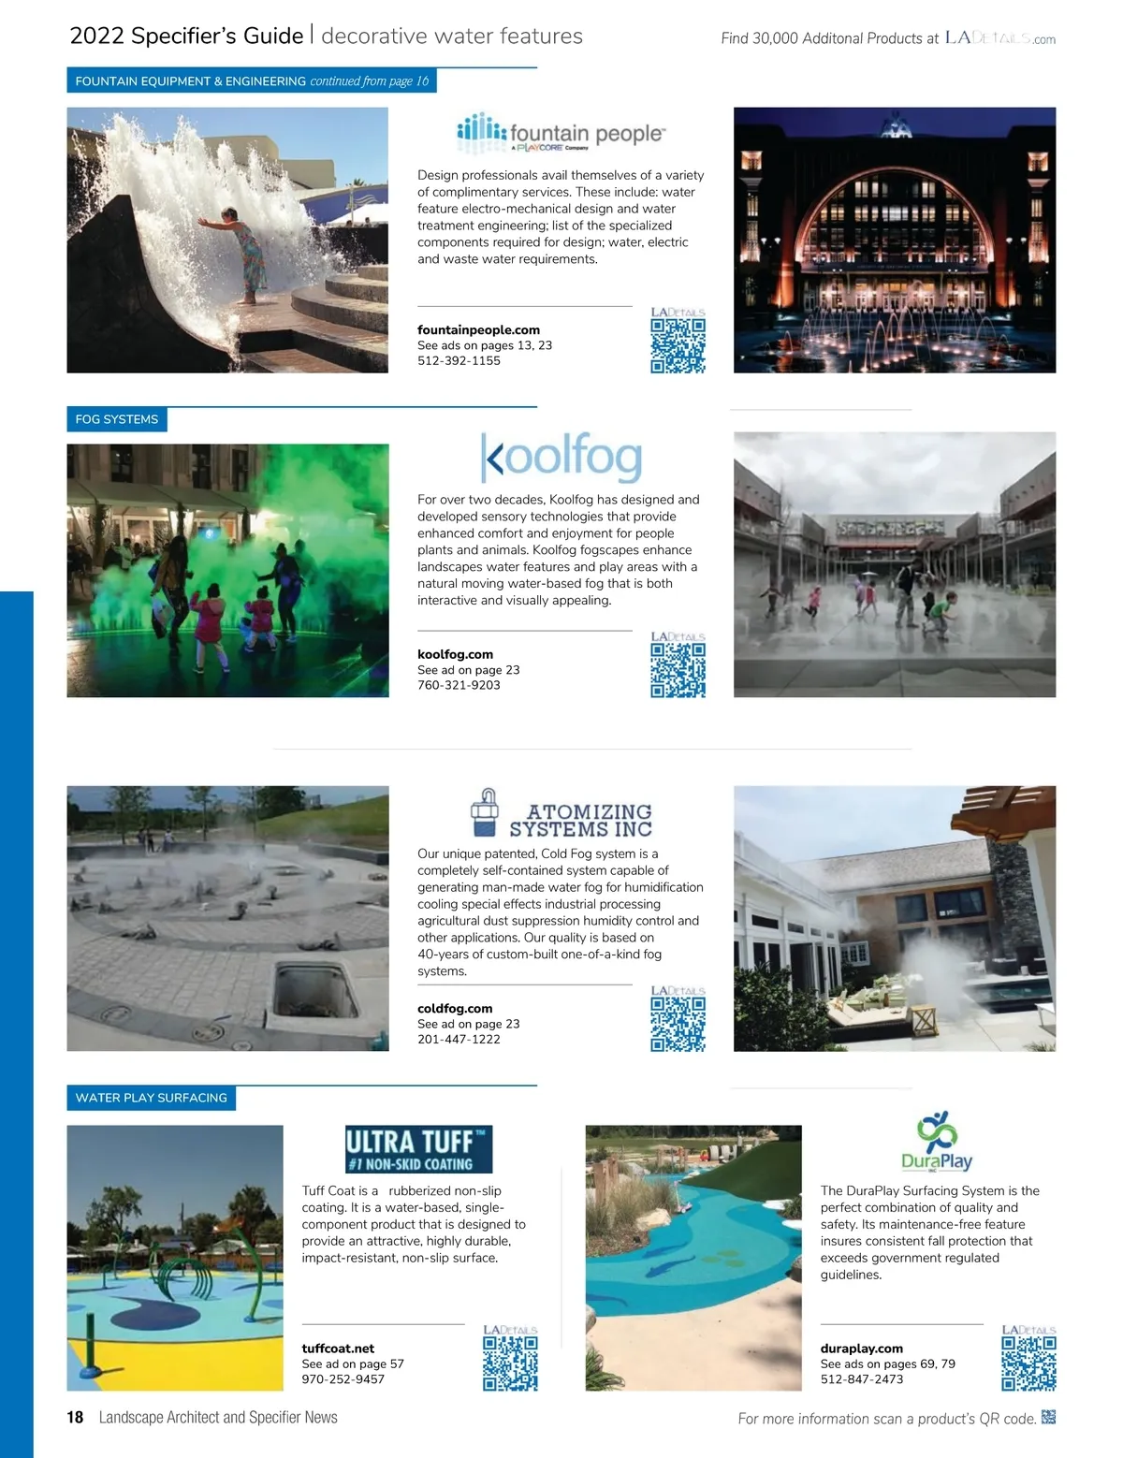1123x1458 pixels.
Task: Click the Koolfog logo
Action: click(x=561, y=457)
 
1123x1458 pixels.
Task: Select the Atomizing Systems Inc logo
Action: click(x=561, y=813)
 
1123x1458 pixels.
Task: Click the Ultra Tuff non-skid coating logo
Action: click(x=418, y=1149)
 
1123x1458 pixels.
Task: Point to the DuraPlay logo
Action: click(x=936, y=1142)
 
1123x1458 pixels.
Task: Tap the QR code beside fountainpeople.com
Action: click(x=678, y=345)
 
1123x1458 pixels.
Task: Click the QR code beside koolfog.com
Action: click(x=678, y=670)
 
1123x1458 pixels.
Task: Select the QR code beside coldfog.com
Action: click(x=678, y=1024)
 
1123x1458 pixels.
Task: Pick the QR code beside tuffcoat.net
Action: click(x=510, y=1363)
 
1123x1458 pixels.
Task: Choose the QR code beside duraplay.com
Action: click(x=1028, y=1363)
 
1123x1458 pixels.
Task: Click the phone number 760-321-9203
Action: click(x=459, y=685)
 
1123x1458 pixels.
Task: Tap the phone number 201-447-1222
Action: click(x=459, y=1039)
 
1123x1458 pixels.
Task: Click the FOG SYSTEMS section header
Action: click(x=117, y=419)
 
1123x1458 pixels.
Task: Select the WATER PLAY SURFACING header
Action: click(x=151, y=1098)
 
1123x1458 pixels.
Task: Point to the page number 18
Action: click(x=75, y=1417)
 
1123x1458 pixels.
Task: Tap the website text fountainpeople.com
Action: click(x=478, y=329)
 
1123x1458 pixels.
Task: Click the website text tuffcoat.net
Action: click(x=338, y=1349)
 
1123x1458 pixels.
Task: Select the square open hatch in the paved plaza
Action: click(x=315, y=989)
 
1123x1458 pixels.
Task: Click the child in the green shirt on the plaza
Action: click(x=940, y=613)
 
